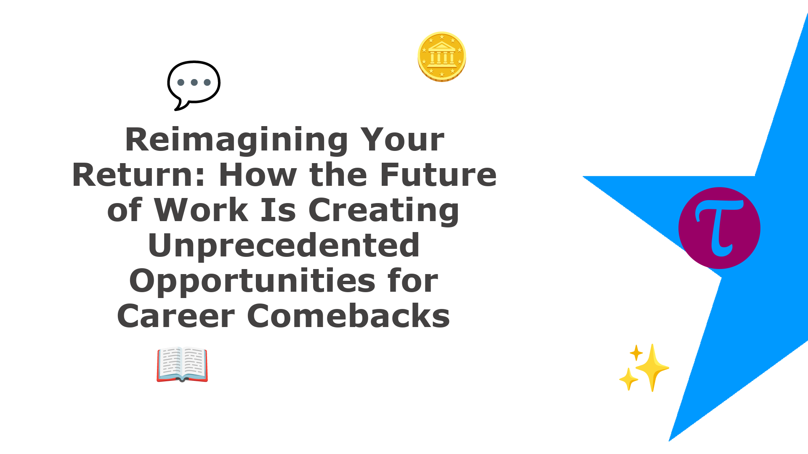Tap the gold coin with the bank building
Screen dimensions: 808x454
442,57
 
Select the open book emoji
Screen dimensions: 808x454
182,364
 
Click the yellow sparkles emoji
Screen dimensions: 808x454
644,368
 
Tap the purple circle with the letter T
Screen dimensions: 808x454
719,228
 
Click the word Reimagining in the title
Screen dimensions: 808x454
237,140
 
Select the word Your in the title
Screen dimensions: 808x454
402,140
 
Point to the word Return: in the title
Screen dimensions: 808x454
138,175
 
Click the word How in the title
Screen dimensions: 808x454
257,175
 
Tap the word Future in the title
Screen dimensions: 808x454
438,175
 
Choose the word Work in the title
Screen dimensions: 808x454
201,210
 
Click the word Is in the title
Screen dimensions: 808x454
278,210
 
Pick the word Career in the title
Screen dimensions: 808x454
175,317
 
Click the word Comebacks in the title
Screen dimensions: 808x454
348,316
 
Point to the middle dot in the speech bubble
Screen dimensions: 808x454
194,82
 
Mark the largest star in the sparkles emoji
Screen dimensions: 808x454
652,368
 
